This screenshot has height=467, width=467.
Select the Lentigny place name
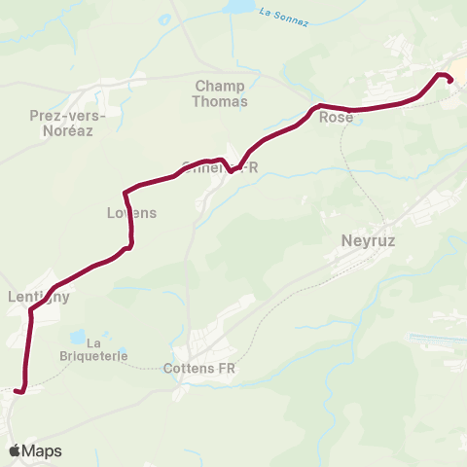click(39, 298)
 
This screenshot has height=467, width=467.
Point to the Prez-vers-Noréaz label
click(68, 122)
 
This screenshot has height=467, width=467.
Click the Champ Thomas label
click(221, 93)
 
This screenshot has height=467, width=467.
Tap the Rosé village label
click(336, 118)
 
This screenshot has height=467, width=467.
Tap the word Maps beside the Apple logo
click(42, 451)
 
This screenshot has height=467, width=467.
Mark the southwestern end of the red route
click(17, 391)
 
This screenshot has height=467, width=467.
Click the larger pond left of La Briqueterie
click(77, 337)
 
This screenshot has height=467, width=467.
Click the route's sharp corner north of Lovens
click(125, 191)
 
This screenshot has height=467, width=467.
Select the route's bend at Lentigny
click(32, 311)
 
